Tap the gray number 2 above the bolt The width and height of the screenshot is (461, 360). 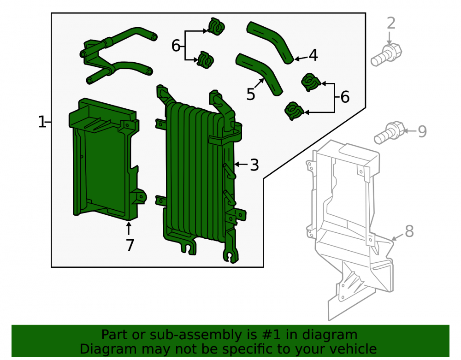[391, 23]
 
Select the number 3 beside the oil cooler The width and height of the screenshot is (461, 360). [254, 165]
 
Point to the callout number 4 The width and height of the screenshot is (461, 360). [313, 55]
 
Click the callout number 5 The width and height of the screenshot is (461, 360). [251, 94]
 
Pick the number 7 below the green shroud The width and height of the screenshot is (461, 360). [130, 245]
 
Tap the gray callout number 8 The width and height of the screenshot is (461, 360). [409, 231]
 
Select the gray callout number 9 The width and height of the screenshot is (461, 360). [422, 131]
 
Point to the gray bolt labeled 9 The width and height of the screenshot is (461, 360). [389, 133]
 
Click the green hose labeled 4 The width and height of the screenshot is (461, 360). [270, 42]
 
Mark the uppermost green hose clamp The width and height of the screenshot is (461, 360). [216, 26]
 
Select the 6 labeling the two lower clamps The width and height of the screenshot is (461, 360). [345, 97]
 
